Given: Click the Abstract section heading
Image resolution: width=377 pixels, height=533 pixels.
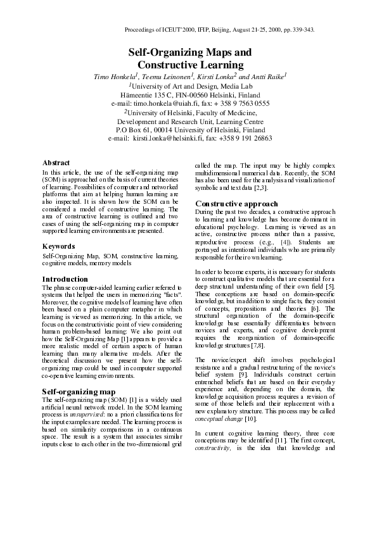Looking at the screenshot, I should (56, 163).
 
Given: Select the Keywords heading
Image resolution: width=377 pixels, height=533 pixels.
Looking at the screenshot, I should (59, 246).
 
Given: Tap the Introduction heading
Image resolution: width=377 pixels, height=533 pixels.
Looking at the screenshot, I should (65, 279).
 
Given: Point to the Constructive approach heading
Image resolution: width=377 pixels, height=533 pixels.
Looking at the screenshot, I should (236, 204).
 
